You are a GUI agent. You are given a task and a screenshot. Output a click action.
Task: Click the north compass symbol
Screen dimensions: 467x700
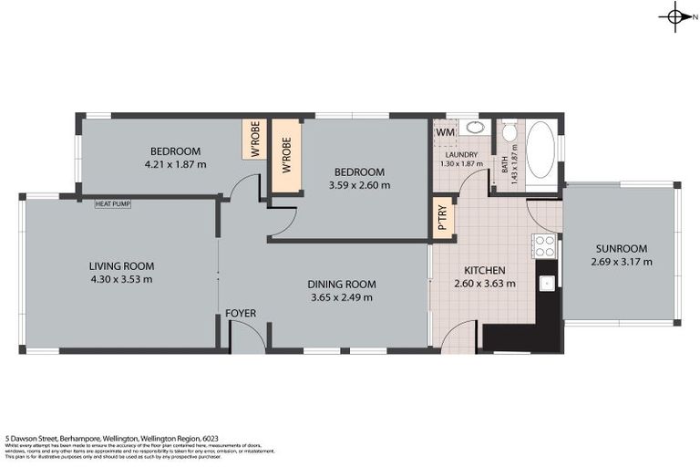point(675,16)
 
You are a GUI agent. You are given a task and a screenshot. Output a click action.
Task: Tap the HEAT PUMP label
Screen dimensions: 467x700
point(113,203)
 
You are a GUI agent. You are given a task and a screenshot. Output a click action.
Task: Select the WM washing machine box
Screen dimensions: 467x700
point(445,133)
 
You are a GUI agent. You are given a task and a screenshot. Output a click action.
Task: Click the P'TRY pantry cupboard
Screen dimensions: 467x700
point(444,218)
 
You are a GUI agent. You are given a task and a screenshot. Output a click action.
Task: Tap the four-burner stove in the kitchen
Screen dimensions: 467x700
point(544,245)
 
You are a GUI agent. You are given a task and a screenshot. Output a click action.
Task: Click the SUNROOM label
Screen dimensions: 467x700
point(621,248)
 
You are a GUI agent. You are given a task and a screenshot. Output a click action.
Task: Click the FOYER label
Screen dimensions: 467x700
point(241,314)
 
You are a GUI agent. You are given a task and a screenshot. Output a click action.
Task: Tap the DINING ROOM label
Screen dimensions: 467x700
point(342,284)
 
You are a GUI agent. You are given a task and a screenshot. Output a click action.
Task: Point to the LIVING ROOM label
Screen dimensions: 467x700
point(121,266)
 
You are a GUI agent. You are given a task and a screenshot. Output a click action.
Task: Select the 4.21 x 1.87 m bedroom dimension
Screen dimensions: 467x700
point(175,165)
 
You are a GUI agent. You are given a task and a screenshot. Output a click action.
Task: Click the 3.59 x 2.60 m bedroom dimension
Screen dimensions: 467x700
point(361,185)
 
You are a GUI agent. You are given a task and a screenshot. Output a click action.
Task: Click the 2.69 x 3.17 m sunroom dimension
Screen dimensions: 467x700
point(621,263)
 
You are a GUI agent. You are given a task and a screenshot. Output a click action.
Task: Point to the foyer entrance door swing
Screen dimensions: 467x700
point(247,337)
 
